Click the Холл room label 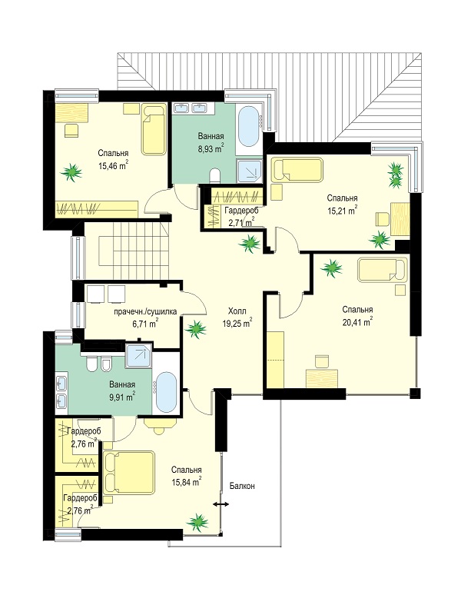pyautogui.click(x=237, y=311)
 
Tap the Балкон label pyautogui.click(x=242, y=486)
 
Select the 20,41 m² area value pyautogui.click(x=357, y=322)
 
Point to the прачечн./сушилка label pyautogui.click(x=145, y=312)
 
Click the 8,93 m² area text pyautogui.click(x=211, y=148)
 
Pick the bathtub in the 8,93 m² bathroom pyautogui.click(x=248, y=127)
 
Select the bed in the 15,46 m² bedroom pyautogui.click(x=154, y=129)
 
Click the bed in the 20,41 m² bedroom pyautogui.click(x=382, y=269)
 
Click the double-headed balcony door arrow pyautogui.click(x=221, y=505)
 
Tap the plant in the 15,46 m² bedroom pyautogui.click(x=71, y=172)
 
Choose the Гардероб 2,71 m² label pyautogui.click(x=240, y=217)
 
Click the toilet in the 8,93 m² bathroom pyautogui.click(x=215, y=175)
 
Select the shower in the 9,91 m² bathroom pyautogui.click(x=138, y=356)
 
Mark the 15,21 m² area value pyautogui.click(x=342, y=211)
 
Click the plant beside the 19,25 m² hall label pyautogui.click(x=196, y=329)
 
